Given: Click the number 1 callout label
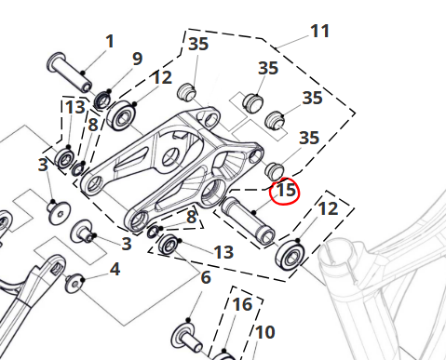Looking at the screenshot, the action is click(x=110, y=42).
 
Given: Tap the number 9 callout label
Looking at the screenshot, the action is click(x=137, y=59).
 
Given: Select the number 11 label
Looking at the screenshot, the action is click(x=319, y=32).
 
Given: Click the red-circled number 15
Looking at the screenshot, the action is click(x=286, y=190).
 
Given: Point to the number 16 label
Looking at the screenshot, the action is click(x=242, y=305).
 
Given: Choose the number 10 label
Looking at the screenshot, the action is click(x=264, y=332).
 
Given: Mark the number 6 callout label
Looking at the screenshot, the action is click(x=206, y=277).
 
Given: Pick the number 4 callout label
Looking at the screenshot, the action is click(x=115, y=269).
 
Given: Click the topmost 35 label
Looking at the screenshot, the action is click(x=198, y=44).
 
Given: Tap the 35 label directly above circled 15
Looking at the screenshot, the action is click(x=309, y=138).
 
